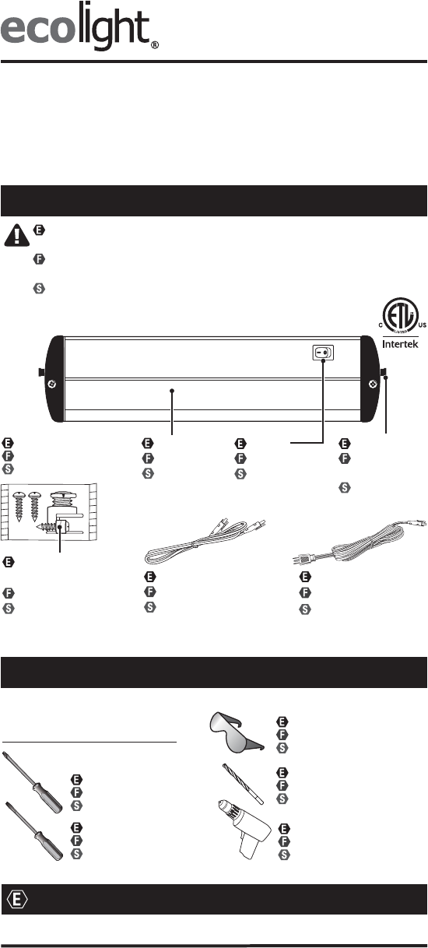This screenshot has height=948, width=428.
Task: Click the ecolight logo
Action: tap(79, 26)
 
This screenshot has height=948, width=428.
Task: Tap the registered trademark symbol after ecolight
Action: tap(156, 45)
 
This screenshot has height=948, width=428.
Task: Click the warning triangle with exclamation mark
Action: tap(16, 235)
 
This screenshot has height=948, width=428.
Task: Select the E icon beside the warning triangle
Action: tap(39, 230)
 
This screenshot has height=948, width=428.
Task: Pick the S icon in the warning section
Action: tap(39, 289)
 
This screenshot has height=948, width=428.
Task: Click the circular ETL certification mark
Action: tap(400, 315)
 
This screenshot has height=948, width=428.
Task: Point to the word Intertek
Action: tap(400, 344)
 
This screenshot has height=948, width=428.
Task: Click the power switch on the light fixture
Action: tap(323, 352)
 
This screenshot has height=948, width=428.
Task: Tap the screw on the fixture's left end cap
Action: tap(52, 384)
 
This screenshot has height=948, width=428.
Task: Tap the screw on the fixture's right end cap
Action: tap(373, 384)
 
